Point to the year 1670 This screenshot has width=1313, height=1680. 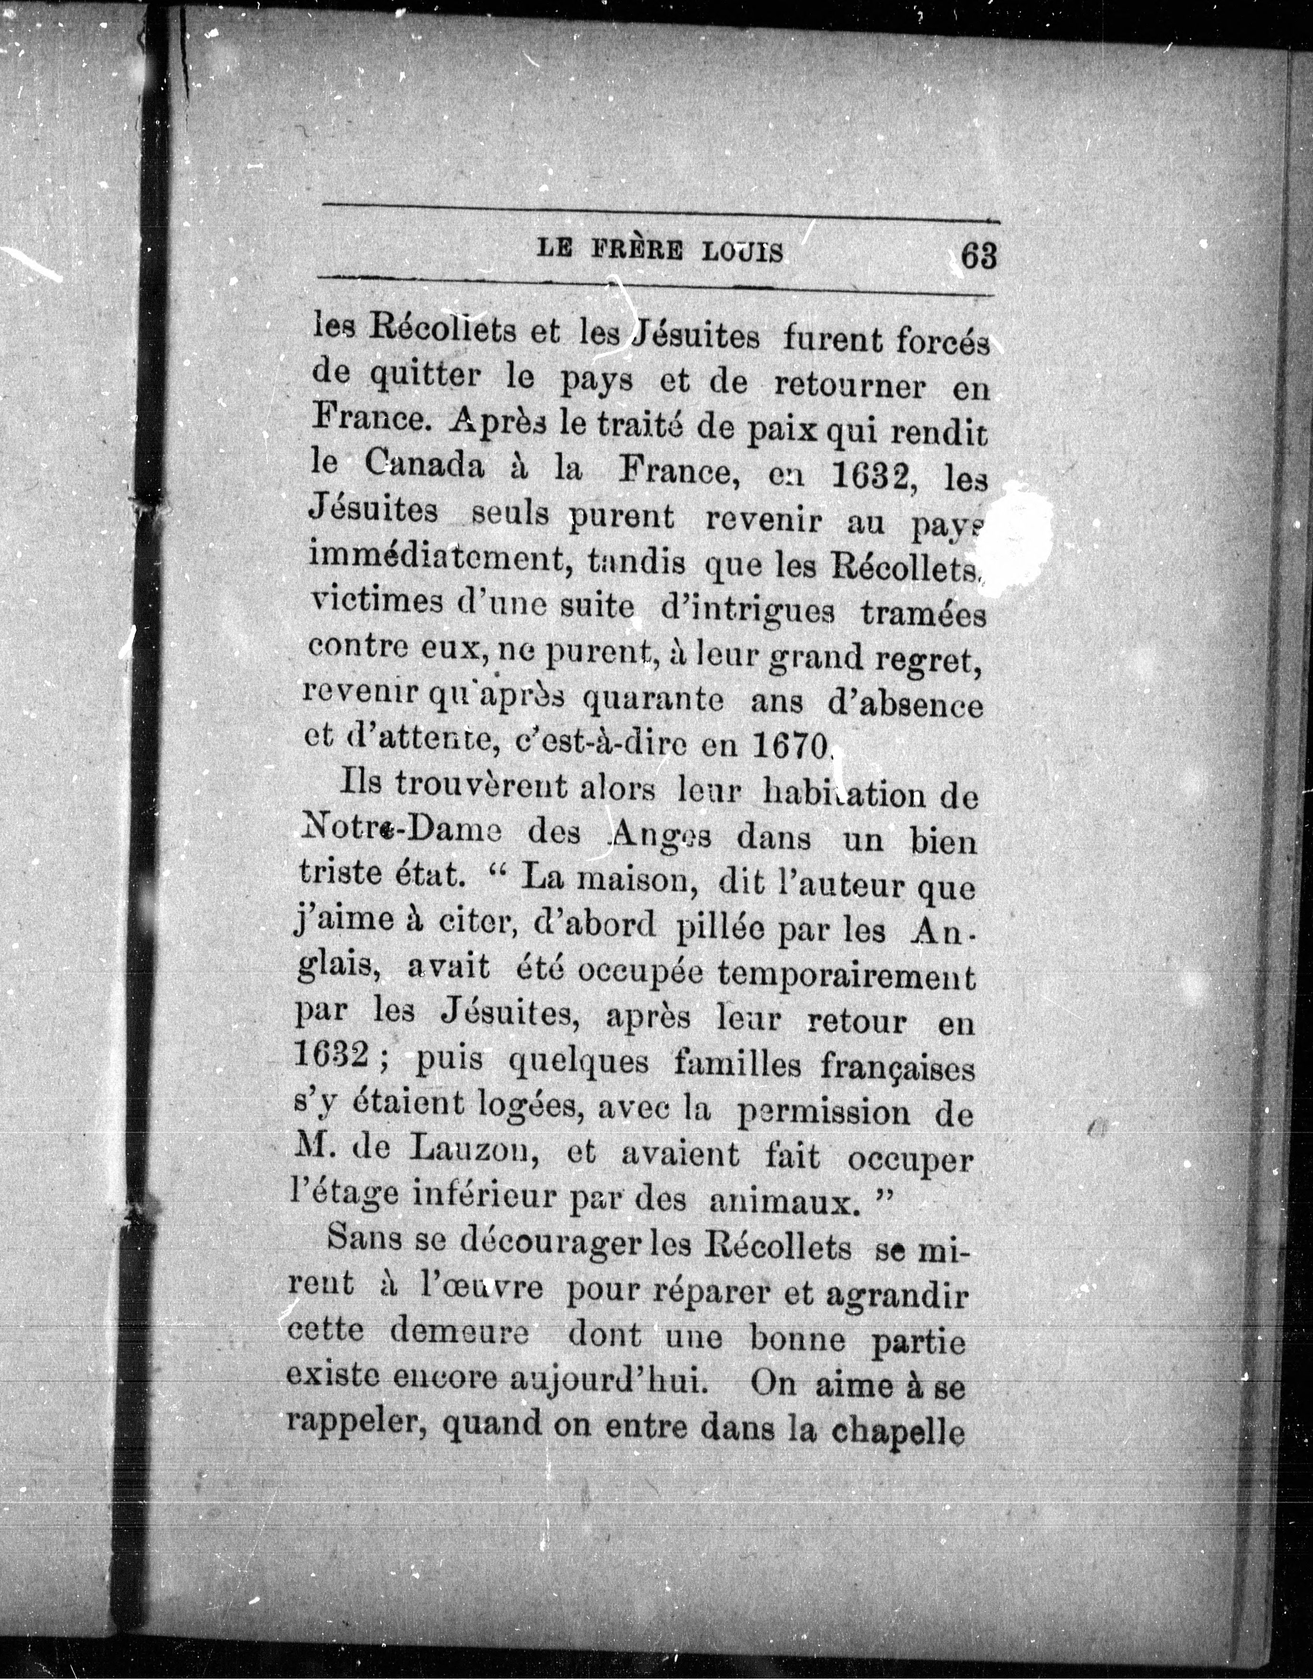(789, 743)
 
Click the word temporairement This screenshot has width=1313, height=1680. (846, 976)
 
